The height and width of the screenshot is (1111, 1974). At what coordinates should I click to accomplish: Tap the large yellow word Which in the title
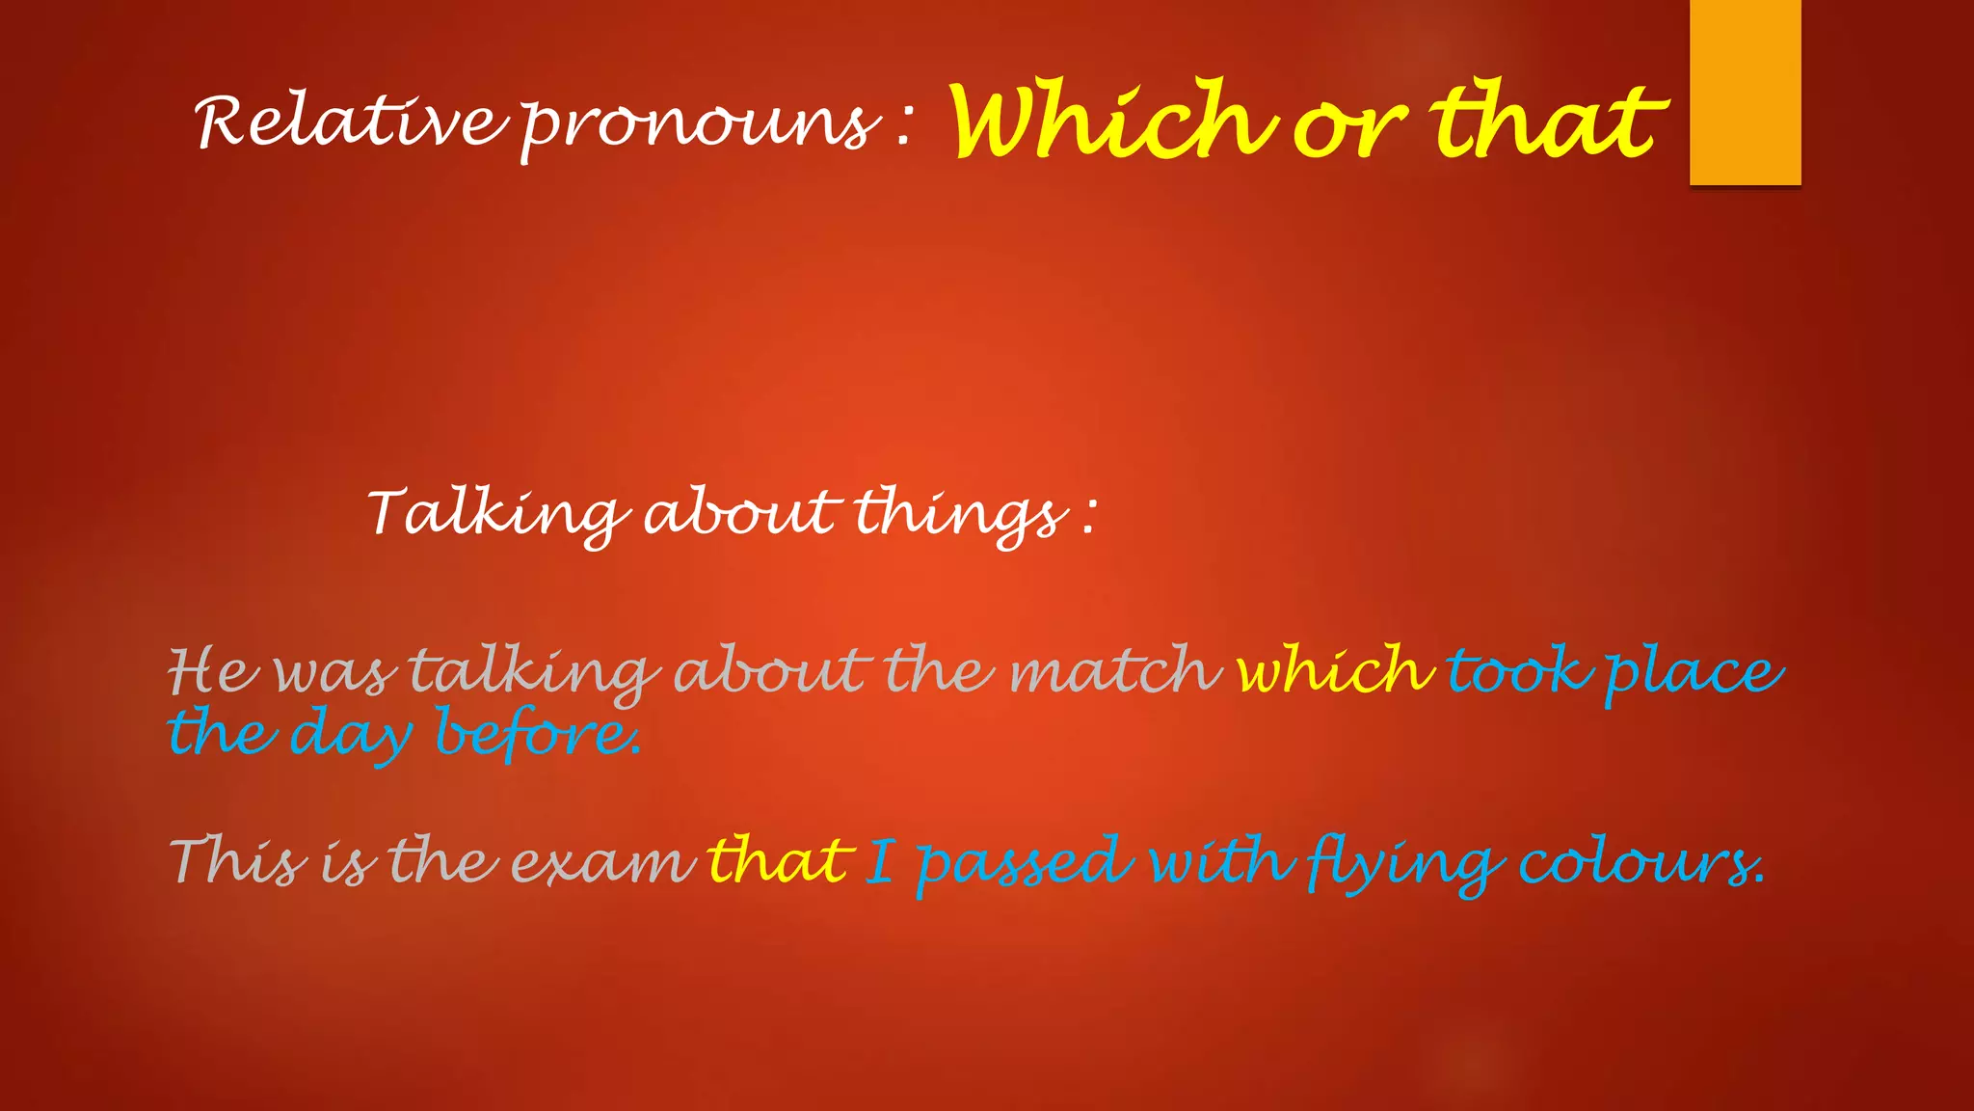(x=1113, y=121)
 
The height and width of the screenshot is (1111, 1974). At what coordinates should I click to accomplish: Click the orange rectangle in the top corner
(x=1745, y=92)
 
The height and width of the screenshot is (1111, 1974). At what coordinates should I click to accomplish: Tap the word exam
(x=602, y=861)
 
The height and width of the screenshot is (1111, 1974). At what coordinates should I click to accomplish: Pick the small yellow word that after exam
(x=780, y=859)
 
